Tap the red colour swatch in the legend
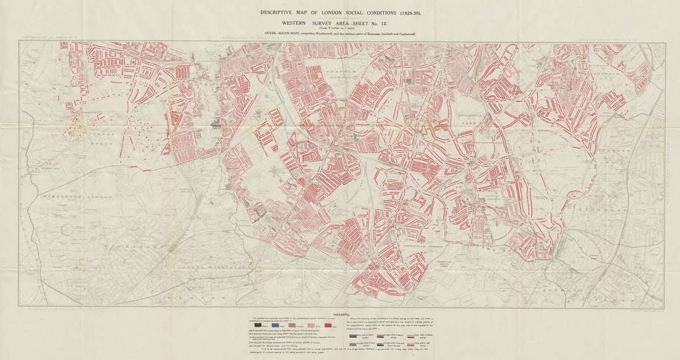[328, 325]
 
